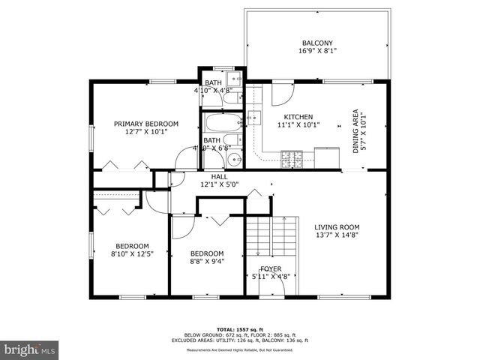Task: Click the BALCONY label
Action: pos(317,43)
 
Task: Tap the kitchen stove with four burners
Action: pos(290,157)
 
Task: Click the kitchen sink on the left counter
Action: pos(254,117)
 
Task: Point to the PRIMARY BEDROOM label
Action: pos(146,124)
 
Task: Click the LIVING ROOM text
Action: pos(337,227)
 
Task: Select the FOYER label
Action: pos(271,268)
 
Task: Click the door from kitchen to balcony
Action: pos(283,94)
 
